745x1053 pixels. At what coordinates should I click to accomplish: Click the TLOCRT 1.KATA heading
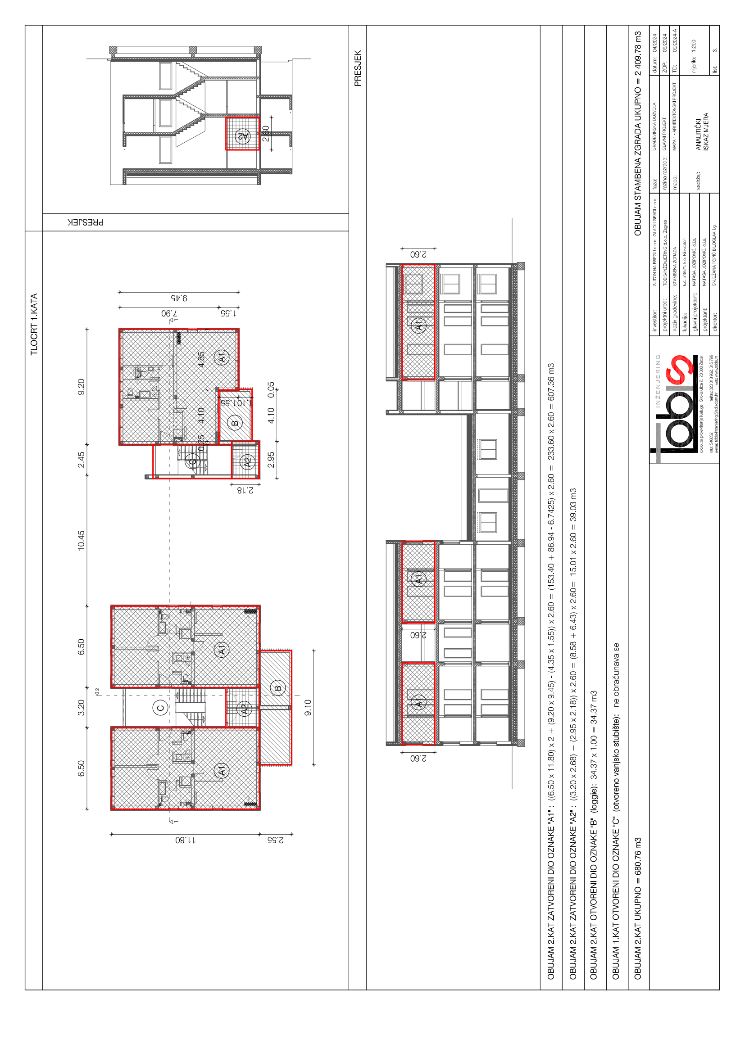(x=34, y=324)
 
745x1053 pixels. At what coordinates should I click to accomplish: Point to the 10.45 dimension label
(x=81, y=540)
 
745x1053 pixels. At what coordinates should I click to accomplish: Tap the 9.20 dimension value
(x=81, y=387)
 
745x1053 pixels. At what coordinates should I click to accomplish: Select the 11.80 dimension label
(x=185, y=840)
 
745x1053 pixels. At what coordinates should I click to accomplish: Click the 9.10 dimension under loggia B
(x=308, y=707)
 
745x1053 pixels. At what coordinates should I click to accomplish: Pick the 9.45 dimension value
(x=179, y=298)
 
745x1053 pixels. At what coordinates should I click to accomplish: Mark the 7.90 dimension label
(x=169, y=313)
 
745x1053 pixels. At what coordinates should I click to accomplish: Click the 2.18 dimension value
(x=245, y=490)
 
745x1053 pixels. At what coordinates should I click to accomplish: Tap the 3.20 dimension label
(x=81, y=707)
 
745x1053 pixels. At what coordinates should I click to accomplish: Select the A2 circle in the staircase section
(x=243, y=136)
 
